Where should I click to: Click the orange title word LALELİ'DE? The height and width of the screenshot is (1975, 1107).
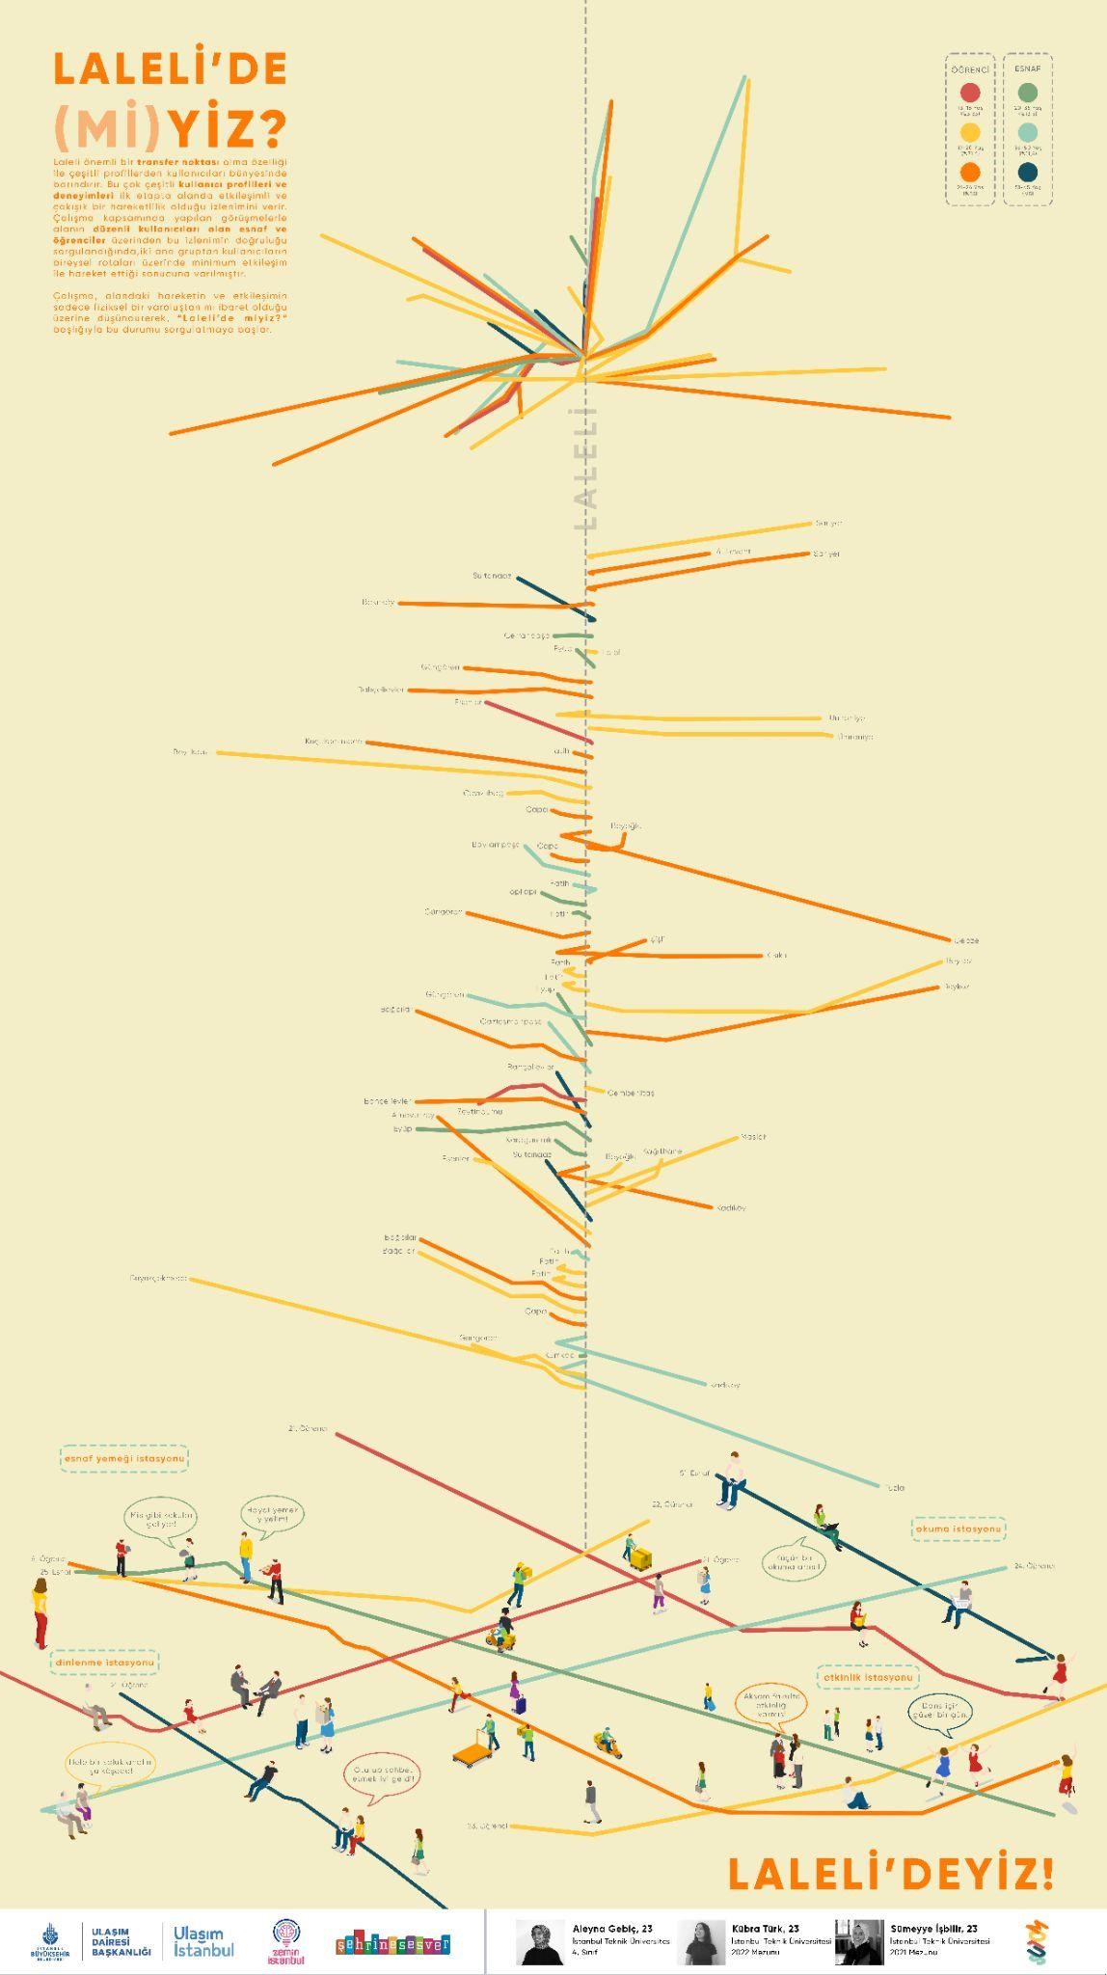point(170,69)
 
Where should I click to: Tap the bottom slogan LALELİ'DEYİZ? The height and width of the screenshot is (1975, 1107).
point(891,1874)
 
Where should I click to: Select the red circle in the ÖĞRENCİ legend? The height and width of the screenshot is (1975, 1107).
point(970,94)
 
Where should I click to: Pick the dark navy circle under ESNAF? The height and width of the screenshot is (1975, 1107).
point(1028,172)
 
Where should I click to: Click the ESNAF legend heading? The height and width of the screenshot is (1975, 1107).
point(1028,69)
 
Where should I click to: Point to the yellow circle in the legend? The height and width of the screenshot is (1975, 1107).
point(970,132)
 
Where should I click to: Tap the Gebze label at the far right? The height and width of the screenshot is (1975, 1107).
point(966,940)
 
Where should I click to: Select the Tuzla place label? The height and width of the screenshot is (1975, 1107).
point(896,1488)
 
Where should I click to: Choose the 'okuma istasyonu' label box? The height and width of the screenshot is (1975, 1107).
point(958,1529)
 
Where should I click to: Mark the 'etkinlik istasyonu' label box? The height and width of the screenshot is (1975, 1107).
point(868,1678)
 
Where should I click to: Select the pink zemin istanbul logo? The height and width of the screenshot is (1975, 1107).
point(286,1941)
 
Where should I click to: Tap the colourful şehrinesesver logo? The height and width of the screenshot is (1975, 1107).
point(392,1943)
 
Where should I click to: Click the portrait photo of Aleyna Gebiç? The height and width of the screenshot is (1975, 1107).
point(540,1941)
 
